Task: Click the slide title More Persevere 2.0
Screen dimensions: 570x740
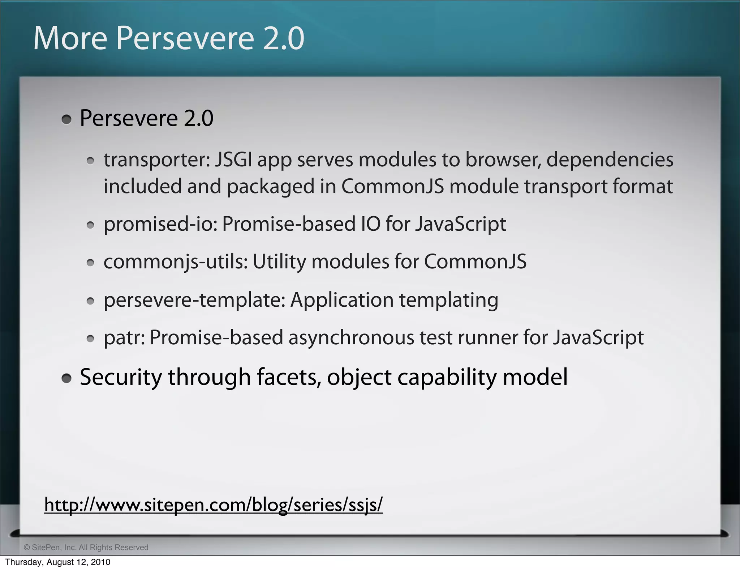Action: (x=169, y=38)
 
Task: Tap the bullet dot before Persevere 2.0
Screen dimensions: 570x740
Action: (x=66, y=120)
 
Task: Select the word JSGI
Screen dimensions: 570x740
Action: (x=233, y=160)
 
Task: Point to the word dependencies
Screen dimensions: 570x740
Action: (x=610, y=160)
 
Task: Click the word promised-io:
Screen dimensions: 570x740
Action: (x=160, y=224)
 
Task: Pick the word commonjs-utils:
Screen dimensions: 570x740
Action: (x=176, y=262)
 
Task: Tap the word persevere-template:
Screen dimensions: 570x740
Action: (x=195, y=300)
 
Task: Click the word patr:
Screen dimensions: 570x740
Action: (x=124, y=338)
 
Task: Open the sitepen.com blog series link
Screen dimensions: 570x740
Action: (x=214, y=505)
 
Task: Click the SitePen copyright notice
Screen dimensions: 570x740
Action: (x=86, y=548)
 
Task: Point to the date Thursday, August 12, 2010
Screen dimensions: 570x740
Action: (x=58, y=562)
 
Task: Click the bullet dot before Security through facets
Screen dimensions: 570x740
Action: (x=66, y=379)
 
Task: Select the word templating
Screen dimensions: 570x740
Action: (x=448, y=300)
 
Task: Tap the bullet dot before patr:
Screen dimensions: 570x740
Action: (x=90, y=339)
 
